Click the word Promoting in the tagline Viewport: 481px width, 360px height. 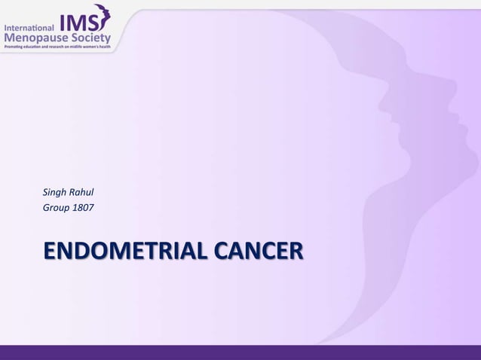pyautogui.click(x=14, y=47)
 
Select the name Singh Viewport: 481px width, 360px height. pyautogui.click(x=55, y=192)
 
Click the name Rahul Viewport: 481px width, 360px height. pyautogui.click(x=81, y=192)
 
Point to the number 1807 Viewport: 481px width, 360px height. pyautogui.click(x=84, y=206)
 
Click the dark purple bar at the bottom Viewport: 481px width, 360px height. pyautogui.click(x=240, y=352)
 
